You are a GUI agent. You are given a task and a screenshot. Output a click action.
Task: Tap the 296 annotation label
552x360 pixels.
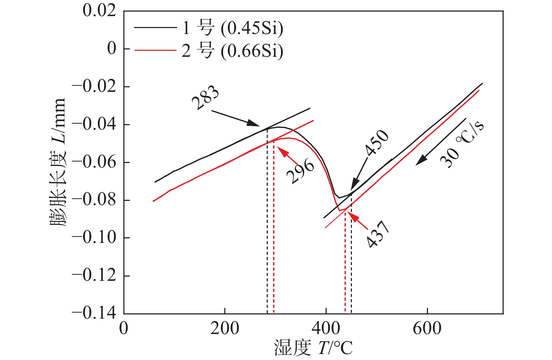pyautogui.click(x=300, y=171)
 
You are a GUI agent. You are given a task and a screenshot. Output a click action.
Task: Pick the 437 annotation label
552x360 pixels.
pyautogui.click(x=378, y=234)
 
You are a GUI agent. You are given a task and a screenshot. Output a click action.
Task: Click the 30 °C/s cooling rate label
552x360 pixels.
pyautogui.click(x=462, y=144)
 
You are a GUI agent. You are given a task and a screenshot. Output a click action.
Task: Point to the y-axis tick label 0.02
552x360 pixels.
pyautogui.click(x=99, y=11)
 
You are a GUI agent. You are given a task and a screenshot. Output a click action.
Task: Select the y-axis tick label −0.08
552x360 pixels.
pyautogui.click(x=94, y=200)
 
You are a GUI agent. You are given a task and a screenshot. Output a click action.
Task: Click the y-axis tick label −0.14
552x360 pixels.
pyautogui.click(x=94, y=313)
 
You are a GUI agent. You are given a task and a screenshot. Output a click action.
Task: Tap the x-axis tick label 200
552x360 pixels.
pyautogui.click(x=225, y=329)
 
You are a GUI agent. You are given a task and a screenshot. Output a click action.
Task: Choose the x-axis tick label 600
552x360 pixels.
pyautogui.click(x=427, y=329)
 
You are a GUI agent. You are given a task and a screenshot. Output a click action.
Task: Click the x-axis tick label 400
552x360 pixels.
pyautogui.click(x=326, y=329)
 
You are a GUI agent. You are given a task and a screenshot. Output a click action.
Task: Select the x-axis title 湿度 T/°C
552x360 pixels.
pyautogui.click(x=313, y=348)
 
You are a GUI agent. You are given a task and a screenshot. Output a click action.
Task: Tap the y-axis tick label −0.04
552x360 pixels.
pyautogui.click(x=94, y=124)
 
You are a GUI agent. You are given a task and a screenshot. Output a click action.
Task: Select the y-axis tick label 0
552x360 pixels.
pyautogui.click(x=111, y=48)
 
